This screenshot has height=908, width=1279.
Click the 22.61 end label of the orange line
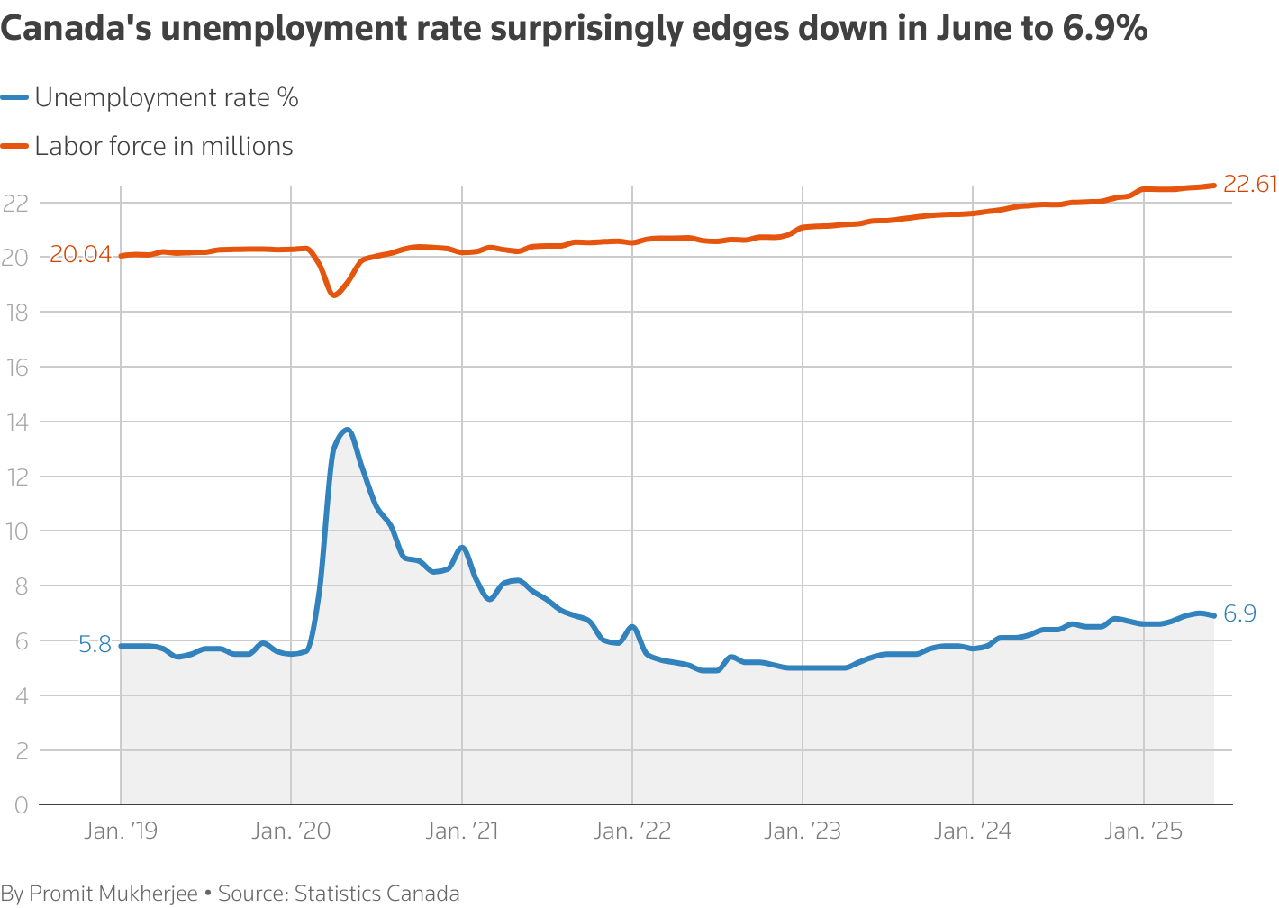pyautogui.click(x=1250, y=185)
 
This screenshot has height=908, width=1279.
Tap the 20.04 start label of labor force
pyautogui.click(x=80, y=255)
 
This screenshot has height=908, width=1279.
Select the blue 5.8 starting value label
pyautogui.click(x=95, y=645)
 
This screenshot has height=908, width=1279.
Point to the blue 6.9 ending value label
pyautogui.click(x=1239, y=614)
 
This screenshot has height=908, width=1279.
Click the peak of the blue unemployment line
pyautogui.click(x=348, y=430)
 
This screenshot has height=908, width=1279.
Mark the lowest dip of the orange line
pyautogui.click(x=333, y=295)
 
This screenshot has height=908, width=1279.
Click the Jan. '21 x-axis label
pyautogui.click(x=462, y=831)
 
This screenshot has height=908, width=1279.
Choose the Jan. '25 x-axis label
pyautogui.click(x=1144, y=831)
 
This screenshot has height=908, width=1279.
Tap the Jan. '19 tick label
pyautogui.click(x=121, y=831)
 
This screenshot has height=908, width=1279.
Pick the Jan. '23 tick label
pyautogui.click(x=803, y=831)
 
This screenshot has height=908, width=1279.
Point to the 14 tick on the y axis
pyautogui.click(x=16, y=422)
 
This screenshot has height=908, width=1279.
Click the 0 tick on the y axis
pyautogui.click(x=21, y=804)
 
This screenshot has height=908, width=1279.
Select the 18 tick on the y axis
pyautogui.click(x=16, y=313)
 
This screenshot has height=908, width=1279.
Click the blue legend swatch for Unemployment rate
pyautogui.click(x=15, y=98)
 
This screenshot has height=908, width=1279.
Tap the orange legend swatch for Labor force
pyautogui.click(x=15, y=147)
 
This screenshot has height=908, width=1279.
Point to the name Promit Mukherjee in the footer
pyautogui.click(x=113, y=894)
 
